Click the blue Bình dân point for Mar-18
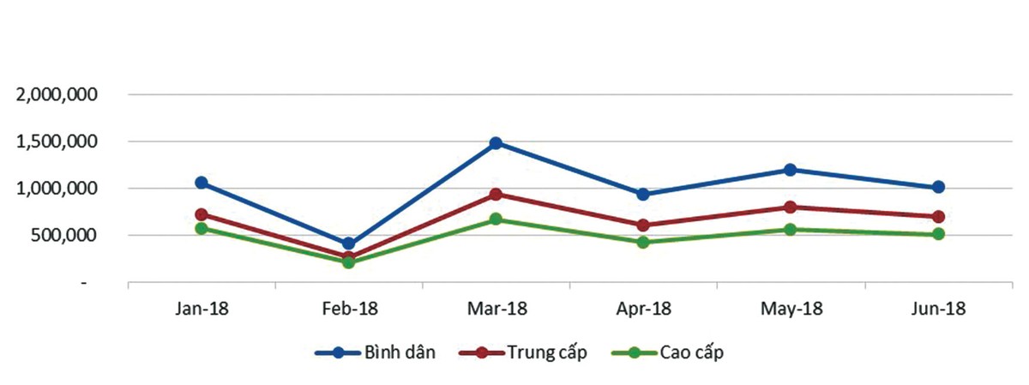(x=496, y=143)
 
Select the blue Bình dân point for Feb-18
(x=348, y=244)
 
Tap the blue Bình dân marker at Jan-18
(x=202, y=183)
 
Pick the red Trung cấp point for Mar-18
(x=496, y=195)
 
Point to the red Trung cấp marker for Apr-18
(x=643, y=226)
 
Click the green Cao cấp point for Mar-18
(x=496, y=220)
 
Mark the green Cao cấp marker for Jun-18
(x=938, y=234)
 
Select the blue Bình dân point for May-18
(x=791, y=170)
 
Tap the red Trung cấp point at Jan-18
(x=202, y=214)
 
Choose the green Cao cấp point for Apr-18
(x=643, y=243)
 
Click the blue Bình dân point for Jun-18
(x=938, y=187)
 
